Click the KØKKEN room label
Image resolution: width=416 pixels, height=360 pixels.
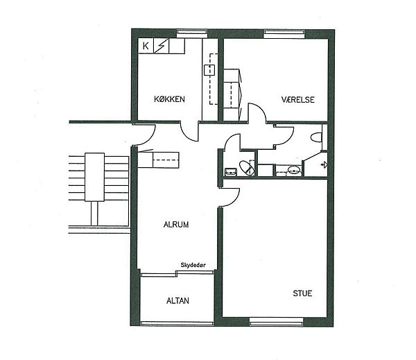click(169, 99)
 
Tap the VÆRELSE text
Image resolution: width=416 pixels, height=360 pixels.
click(297, 100)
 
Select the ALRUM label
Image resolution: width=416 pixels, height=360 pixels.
click(176, 225)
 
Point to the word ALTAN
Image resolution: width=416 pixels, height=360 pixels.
click(177, 301)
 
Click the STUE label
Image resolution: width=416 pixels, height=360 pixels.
click(302, 293)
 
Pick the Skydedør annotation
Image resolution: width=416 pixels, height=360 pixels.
click(193, 265)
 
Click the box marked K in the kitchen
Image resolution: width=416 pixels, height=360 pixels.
click(146, 46)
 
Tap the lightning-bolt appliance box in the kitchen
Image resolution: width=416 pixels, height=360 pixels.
click(162, 46)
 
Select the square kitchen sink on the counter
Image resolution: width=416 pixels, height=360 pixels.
click(209, 69)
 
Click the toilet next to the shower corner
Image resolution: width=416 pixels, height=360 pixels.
click(316, 137)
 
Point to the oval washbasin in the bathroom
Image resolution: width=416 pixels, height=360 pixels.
click(294, 170)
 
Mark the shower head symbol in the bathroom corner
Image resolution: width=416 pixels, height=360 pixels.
click(324, 165)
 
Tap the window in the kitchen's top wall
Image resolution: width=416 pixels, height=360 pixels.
click(192, 33)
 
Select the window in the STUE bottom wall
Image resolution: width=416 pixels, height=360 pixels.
click(276, 322)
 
